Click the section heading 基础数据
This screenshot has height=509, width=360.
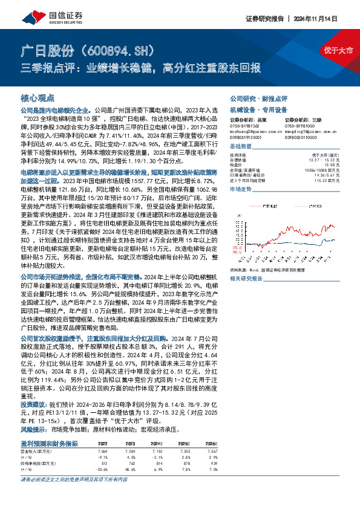[x=241, y=147]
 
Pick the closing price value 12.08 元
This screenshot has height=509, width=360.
[x=327, y=163]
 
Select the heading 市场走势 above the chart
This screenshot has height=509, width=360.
[x=241, y=190]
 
